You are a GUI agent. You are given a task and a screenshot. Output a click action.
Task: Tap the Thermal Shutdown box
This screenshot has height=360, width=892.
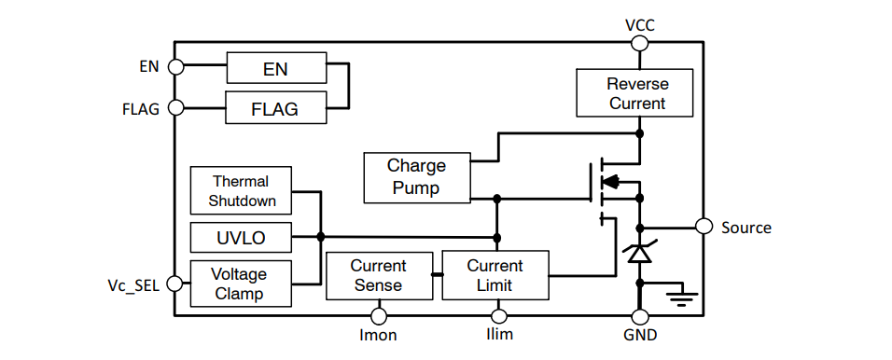[x=241, y=191]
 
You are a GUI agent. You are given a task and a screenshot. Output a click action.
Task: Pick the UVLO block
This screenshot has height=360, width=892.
[x=241, y=238]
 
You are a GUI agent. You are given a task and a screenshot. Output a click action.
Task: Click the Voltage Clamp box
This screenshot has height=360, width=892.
[x=241, y=284]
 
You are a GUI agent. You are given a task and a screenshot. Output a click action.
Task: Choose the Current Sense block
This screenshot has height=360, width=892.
[x=379, y=275]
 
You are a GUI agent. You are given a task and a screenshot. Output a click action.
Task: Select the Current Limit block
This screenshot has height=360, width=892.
[x=495, y=275]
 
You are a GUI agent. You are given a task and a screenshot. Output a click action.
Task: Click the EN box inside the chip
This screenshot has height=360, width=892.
[x=276, y=68]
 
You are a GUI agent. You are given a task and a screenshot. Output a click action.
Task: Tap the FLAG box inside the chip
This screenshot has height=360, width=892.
[x=276, y=108]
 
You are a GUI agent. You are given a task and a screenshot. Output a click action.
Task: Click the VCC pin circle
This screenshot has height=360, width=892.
[x=639, y=42]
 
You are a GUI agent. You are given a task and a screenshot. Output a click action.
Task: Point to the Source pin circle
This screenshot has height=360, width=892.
[x=704, y=227]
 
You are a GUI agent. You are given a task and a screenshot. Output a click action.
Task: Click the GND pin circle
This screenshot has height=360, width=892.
[x=639, y=317]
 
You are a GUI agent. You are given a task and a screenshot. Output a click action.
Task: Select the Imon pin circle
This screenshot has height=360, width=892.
[x=379, y=317]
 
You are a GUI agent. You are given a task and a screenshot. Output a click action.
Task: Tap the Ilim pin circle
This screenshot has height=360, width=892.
[x=495, y=317]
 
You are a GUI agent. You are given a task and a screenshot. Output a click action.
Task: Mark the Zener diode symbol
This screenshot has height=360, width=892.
[x=639, y=253]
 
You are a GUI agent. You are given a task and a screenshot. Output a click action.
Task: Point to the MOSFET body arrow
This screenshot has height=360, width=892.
[x=612, y=182]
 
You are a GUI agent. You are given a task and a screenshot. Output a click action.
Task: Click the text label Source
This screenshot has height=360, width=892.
[x=746, y=228]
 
